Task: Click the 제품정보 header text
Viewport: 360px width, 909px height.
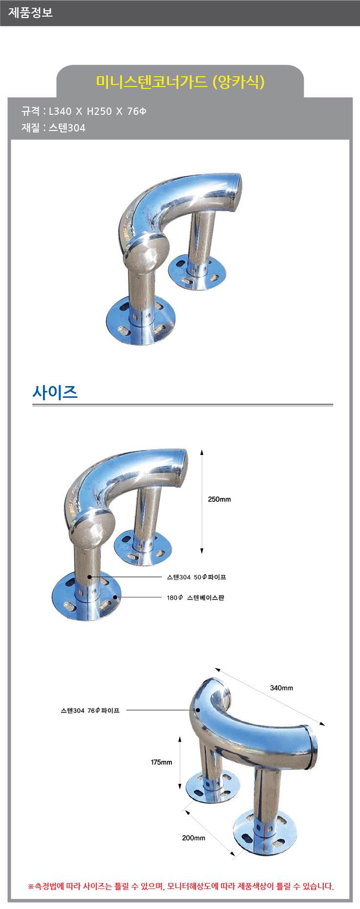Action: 30,13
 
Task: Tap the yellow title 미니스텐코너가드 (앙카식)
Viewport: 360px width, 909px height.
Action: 180,82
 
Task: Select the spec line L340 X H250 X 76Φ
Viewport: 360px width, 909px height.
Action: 98,111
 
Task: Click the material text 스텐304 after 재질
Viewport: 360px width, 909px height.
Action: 67,128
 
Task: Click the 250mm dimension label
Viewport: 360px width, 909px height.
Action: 219,499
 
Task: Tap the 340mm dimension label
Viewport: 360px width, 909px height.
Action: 281,688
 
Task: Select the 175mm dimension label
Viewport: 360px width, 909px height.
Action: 161,762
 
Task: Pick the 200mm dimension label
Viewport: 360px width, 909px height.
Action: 193,838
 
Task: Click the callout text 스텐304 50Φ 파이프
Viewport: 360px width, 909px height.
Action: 196,577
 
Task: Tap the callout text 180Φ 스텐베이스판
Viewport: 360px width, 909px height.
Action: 195,598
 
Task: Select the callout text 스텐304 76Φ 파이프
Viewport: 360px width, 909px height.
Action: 90,711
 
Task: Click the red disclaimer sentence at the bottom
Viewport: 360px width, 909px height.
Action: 181,886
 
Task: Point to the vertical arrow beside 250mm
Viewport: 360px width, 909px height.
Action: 202,501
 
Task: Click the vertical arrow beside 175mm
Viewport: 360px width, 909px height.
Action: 180,762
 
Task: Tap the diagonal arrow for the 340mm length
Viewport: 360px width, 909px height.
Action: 270,696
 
